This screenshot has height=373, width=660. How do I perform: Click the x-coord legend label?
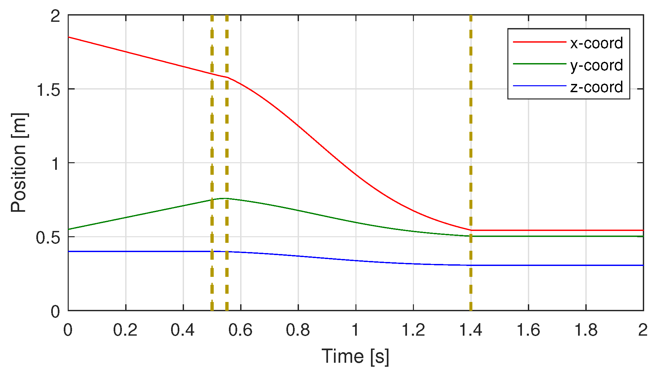[596, 43]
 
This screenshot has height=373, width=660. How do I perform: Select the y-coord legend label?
[596, 65]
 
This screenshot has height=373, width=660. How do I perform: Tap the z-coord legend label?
[596, 87]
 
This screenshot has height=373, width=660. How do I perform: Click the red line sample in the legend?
[539, 42]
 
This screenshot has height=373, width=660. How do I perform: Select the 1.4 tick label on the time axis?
[471, 330]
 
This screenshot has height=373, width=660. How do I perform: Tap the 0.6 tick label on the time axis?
[240, 330]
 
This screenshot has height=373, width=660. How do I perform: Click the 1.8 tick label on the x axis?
[586, 330]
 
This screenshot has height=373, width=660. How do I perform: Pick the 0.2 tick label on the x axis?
[125, 330]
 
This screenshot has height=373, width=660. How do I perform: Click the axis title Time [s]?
[355, 356]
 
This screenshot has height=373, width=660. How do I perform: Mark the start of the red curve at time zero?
[69, 37]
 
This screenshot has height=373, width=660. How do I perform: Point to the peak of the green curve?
[224, 198]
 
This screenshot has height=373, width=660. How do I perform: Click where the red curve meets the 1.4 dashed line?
[471, 230]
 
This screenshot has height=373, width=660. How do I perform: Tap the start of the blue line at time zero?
[69, 251]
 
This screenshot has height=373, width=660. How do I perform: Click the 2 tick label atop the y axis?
[55, 16]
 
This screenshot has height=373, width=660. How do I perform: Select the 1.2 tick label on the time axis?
[413, 330]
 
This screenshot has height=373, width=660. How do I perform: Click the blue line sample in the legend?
[539, 86]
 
